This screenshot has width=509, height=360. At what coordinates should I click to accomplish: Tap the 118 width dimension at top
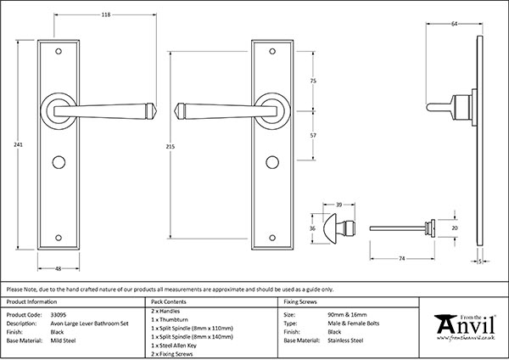tap(106, 14)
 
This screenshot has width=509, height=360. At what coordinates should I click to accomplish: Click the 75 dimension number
tap(313, 80)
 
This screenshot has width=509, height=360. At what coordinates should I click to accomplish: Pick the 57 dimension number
tap(313, 135)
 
